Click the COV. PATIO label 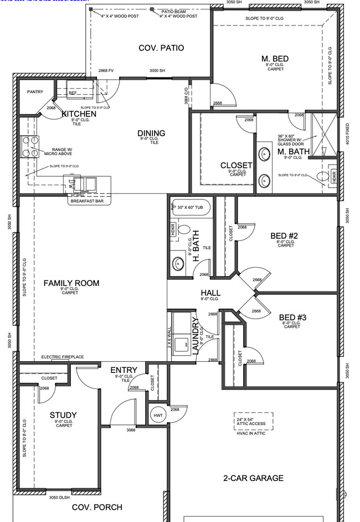(x=161, y=48)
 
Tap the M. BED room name (x=275, y=59)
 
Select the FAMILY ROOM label (x=71, y=283)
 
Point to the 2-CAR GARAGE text (x=253, y=478)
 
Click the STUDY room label (x=63, y=415)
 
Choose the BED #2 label (x=285, y=236)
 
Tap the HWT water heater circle (x=157, y=415)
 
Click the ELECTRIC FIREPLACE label (x=63, y=357)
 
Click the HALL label (x=210, y=293)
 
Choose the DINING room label (x=151, y=133)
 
